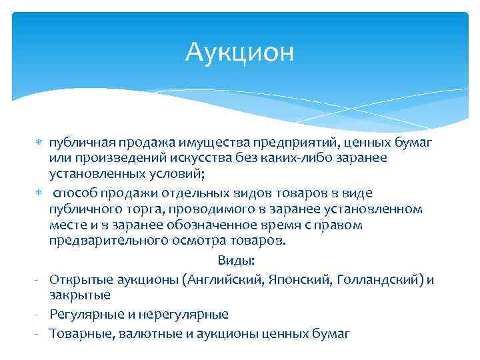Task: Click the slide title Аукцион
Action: (x=240, y=51)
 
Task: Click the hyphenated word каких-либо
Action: (x=316, y=159)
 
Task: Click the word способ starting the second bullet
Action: (x=76, y=193)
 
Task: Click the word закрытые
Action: (x=79, y=295)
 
